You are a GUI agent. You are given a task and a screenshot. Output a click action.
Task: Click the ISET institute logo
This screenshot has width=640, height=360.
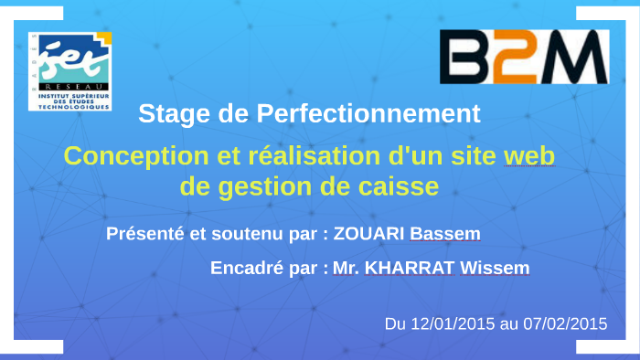point(69,70)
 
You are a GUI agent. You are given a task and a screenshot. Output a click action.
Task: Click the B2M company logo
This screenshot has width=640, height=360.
point(523,58)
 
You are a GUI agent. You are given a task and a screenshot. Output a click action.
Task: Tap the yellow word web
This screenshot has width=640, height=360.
point(528,155)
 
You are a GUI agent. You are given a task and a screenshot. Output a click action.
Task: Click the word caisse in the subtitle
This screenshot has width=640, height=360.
point(399,186)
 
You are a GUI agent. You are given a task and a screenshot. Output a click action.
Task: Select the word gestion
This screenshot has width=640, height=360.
point(267,186)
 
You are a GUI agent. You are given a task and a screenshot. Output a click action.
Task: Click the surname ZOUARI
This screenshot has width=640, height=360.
point(369,234)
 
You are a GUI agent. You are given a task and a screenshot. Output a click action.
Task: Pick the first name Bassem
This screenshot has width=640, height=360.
point(444,234)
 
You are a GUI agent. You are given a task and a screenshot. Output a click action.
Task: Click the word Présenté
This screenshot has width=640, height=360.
point(145,234)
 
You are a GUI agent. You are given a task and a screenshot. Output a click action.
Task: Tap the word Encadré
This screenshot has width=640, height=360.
point(244,269)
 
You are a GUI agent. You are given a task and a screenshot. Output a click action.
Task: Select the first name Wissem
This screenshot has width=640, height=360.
point(494,269)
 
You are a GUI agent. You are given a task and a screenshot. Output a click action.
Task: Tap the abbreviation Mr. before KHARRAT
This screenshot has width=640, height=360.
point(345,269)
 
